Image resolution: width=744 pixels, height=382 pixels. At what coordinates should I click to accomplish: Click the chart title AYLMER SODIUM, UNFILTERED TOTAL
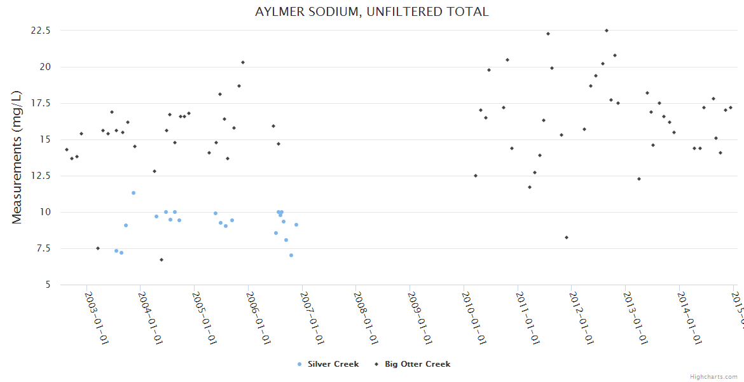pos(372,11)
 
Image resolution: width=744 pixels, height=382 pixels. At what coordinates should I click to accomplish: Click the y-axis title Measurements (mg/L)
pos(17,157)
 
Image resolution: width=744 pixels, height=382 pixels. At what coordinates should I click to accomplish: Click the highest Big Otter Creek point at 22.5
pos(607,31)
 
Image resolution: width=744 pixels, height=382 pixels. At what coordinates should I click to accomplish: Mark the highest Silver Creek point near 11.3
pos(134,193)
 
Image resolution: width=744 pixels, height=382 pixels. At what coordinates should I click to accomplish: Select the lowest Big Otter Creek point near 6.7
pos(162,260)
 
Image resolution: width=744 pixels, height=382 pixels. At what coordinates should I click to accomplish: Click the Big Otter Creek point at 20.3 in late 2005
pos(243,62)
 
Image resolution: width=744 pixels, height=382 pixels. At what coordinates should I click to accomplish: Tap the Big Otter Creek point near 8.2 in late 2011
pos(567,237)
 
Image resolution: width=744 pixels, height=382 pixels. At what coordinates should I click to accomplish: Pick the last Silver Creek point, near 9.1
pos(296,225)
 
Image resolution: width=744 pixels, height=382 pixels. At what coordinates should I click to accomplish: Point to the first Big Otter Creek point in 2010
pos(476,176)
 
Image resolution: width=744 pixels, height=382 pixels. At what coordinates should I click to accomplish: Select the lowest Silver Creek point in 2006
pos(291,255)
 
